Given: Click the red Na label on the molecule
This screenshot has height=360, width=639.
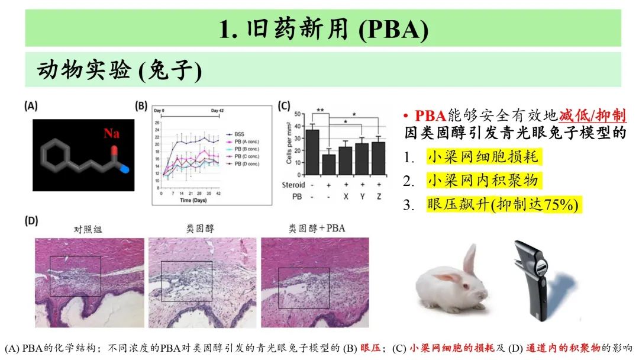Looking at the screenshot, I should (111, 133).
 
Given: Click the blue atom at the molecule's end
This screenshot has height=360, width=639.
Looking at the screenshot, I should (124, 169).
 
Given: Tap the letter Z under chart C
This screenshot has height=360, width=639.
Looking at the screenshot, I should (379, 196).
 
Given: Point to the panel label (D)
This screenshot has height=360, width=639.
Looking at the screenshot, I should (31, 221).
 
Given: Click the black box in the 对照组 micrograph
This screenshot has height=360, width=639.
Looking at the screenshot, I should (75, 276).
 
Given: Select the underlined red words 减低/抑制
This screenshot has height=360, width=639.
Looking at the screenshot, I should (593, 115).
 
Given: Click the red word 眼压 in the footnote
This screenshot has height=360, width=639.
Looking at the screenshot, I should (372, 348).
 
